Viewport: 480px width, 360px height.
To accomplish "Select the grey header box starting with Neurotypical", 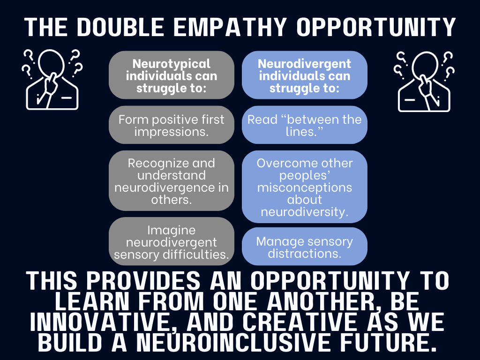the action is point(172,75).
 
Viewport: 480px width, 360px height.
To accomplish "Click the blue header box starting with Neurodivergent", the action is point(305,75).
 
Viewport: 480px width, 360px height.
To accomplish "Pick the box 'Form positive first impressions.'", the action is point(172,125).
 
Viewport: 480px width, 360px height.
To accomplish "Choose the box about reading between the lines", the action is point(305,125).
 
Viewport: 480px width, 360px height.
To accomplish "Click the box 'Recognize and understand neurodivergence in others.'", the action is point(172,180).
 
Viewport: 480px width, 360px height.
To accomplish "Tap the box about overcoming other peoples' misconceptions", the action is point(305,187).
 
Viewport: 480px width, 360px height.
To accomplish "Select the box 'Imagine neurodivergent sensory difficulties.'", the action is point(172,241).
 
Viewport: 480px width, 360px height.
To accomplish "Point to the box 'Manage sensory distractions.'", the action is point(305,247).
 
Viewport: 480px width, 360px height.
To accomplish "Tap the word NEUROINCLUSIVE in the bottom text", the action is point(233,342).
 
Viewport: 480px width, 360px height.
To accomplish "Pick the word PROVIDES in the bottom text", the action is point(143,280).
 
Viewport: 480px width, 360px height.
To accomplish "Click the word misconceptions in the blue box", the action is point(305,187).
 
